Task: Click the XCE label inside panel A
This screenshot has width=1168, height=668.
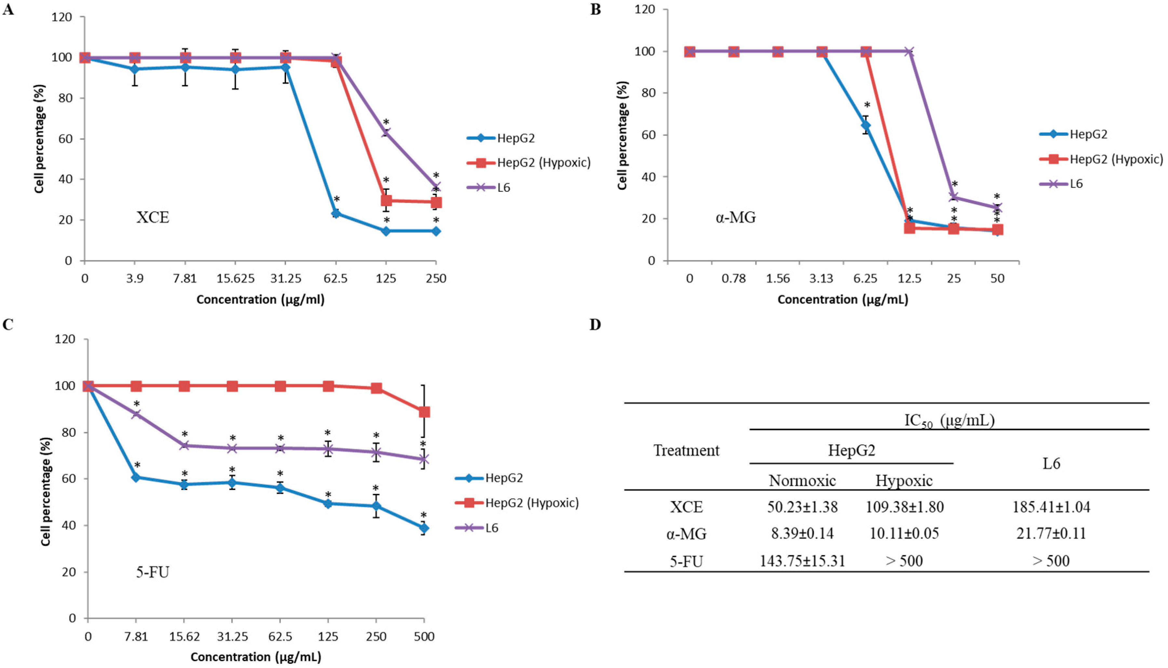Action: (153, 217)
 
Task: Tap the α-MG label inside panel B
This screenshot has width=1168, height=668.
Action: (736, 217)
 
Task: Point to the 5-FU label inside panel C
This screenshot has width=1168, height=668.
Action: (153, 572)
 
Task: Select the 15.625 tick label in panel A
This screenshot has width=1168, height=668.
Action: (235, 279)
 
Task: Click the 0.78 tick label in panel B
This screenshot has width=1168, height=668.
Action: (734, 279)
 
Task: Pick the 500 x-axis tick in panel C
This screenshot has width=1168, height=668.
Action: (424, 636)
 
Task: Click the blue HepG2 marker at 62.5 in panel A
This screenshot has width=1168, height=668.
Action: (336, 213)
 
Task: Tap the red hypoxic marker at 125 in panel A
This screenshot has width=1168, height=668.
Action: (386, 201)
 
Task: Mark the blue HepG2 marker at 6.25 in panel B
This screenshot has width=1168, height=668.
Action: (865, 125)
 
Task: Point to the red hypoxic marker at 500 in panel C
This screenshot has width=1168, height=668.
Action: (424, 412)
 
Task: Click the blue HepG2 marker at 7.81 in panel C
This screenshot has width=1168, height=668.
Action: (136, 478)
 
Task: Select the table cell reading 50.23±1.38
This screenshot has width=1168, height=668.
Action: (802, 507)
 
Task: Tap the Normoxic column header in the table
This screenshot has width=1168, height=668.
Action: (802, 480)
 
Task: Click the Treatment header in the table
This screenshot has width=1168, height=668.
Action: (686, 451)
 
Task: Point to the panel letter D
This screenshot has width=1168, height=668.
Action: (595, 325)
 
